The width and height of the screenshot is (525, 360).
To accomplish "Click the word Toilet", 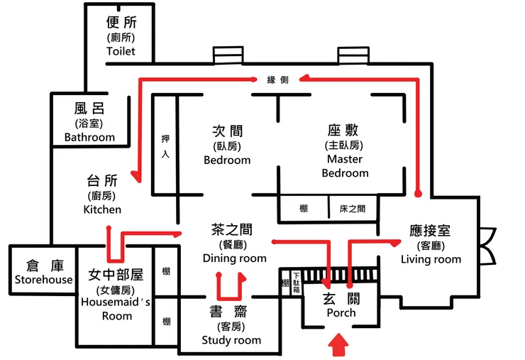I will (120, 52).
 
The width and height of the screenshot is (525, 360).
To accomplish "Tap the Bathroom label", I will (89, 137).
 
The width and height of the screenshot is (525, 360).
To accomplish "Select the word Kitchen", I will (102, 209).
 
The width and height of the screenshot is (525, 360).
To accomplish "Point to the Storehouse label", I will (44, 280).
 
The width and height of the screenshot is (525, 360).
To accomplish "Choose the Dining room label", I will (234, 258).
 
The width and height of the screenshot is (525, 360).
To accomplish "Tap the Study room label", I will (231, 340).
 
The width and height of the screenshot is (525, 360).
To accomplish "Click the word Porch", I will (341, 313).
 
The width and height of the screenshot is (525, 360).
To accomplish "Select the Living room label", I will (431, 259).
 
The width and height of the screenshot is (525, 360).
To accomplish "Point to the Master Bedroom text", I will (345, 166).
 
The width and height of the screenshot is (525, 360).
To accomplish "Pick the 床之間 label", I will (352, 209).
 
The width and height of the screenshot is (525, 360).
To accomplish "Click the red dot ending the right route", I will (418, 192).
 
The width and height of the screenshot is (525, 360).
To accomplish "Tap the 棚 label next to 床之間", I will (304, 209).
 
